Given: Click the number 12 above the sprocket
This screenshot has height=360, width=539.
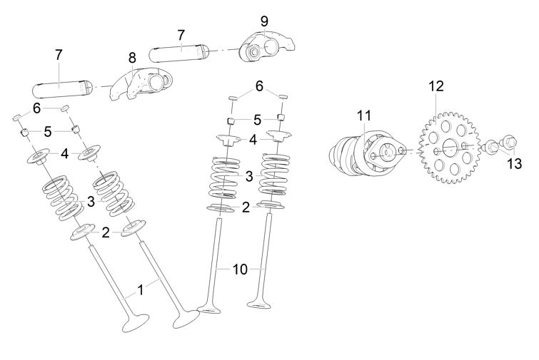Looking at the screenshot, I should click(436, 86).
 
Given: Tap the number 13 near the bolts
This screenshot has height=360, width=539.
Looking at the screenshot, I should click(514, 163).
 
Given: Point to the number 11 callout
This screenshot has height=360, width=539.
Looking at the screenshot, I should click(365, 115).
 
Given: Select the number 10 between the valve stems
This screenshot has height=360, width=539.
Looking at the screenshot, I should click(240, 269).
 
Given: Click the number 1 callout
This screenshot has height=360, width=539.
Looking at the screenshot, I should click(141, 289).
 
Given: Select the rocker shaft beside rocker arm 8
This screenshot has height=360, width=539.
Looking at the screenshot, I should click(63, 90).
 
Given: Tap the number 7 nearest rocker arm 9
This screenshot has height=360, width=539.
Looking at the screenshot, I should click(181, 34).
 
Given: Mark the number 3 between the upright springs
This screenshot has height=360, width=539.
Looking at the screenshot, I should click(248, 175).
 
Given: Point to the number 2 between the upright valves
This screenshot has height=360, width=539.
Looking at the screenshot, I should click(246, 207).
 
